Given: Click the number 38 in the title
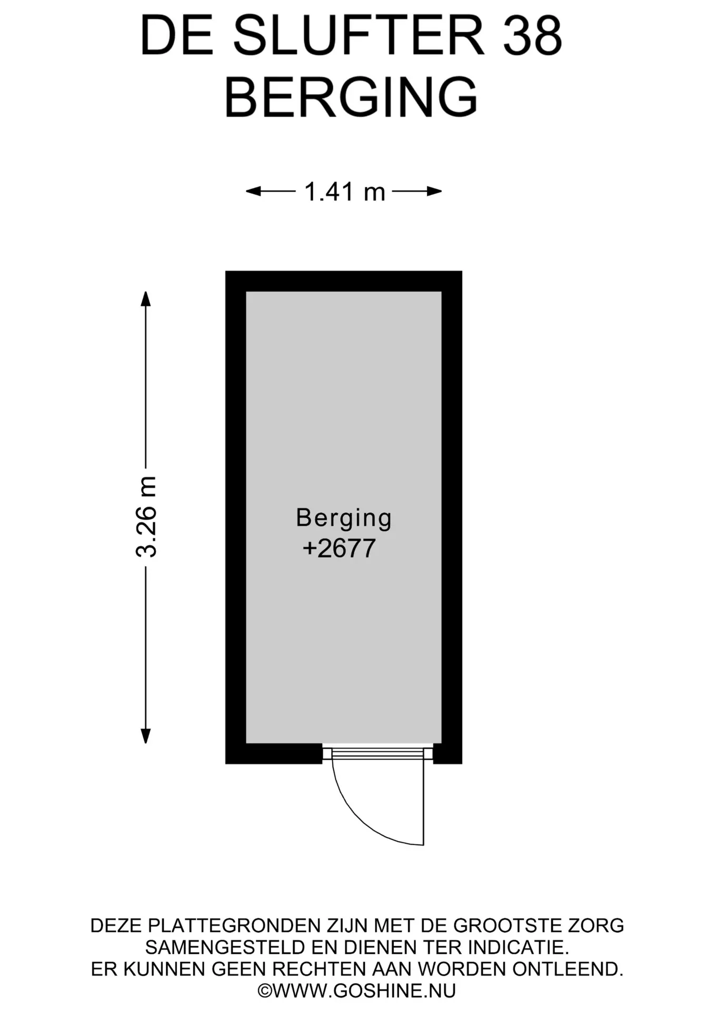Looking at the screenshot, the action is click(532, 36).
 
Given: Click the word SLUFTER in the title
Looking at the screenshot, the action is click(358, 36).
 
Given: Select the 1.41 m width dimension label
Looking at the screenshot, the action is click(345, 192).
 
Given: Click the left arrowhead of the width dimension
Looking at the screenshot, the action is click(253, 191).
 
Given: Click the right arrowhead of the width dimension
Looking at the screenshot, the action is click(434, 191).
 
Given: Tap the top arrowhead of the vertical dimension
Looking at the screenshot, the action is click(146, 299).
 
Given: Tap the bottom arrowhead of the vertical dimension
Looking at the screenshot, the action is click(146, 736).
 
